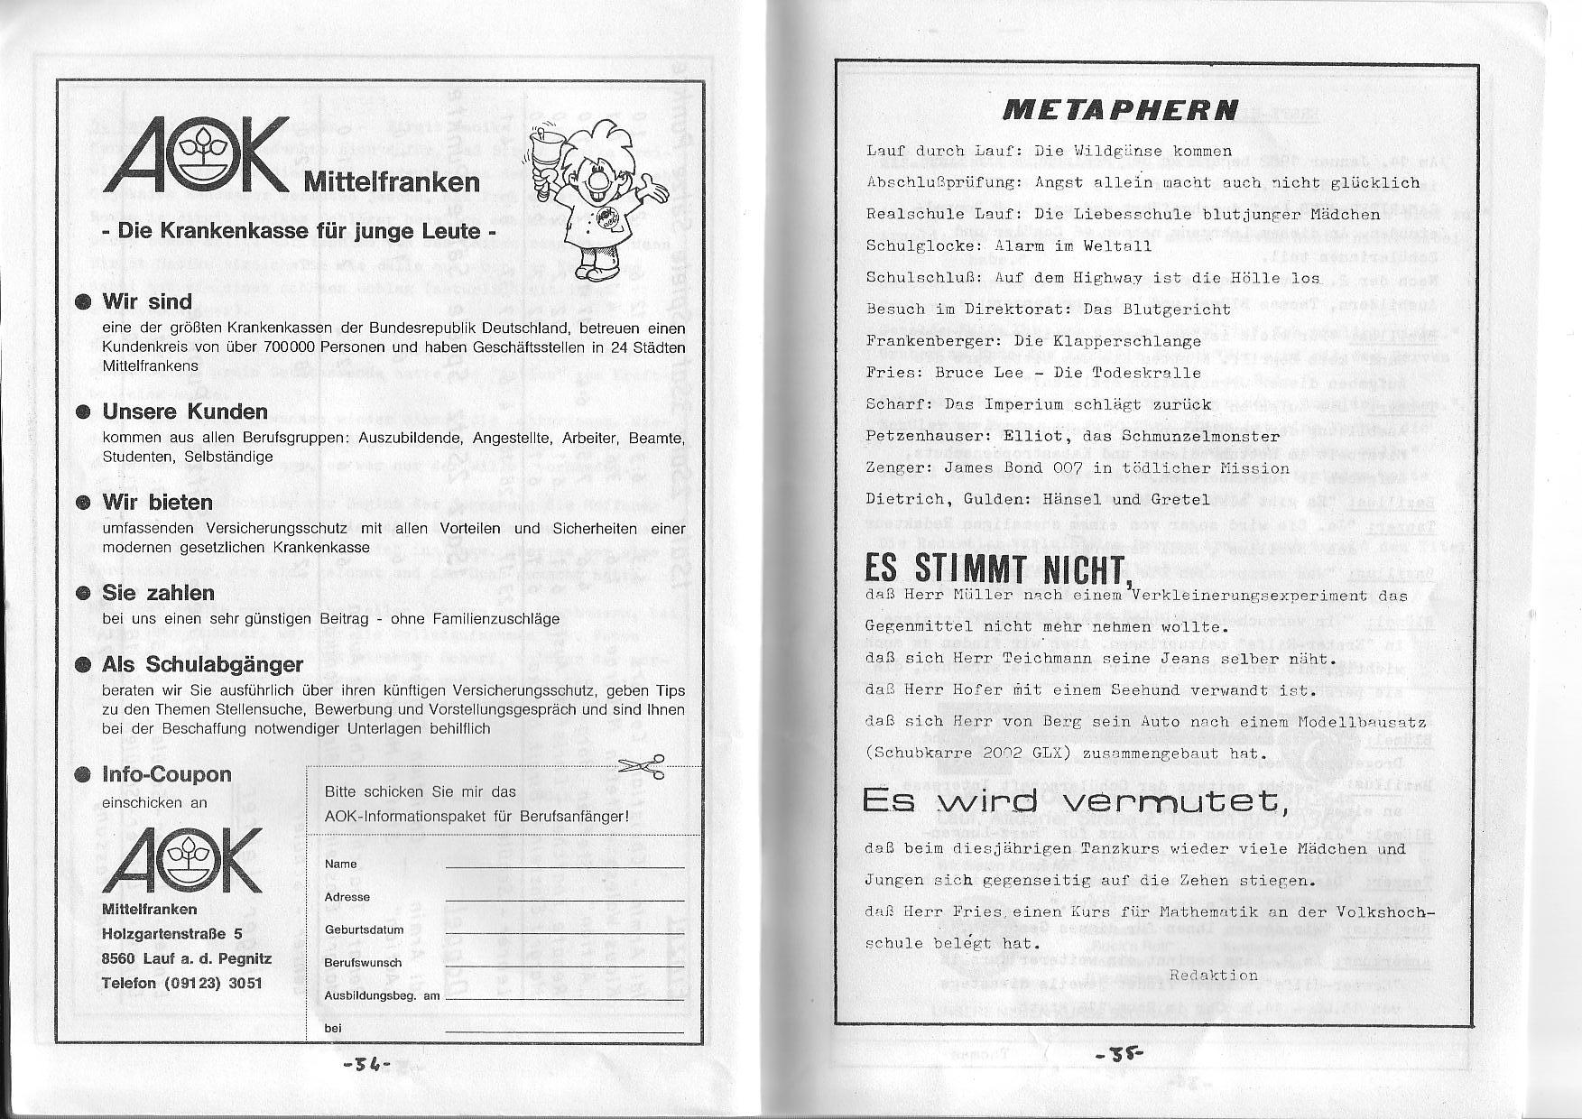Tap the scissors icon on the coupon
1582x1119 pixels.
pyautogui.click(x=644, y=765)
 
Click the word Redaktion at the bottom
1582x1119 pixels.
pyautogui.click(x=1213, y=975)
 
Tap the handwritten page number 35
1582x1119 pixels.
pyautogui.click(x=1120, y=1053)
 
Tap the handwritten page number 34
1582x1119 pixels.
pyautogui.click(x=365, y=1064)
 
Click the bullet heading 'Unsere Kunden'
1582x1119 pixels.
pyautogui.click(x=185, y=412)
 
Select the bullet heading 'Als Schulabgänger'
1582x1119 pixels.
pyautogui.click(x=203, y=665)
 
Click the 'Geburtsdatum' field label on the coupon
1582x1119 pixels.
pyautogui.click(x=364, y=929)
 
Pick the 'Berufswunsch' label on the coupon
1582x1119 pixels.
pyautogui.click(x=363, y=963)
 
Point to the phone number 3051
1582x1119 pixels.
pyautogui.click(x=245, y=983)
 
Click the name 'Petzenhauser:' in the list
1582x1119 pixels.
pyautogui.click(x=925, y=437)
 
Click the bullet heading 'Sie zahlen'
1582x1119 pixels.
pyautogui.click(x=159, y=593)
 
